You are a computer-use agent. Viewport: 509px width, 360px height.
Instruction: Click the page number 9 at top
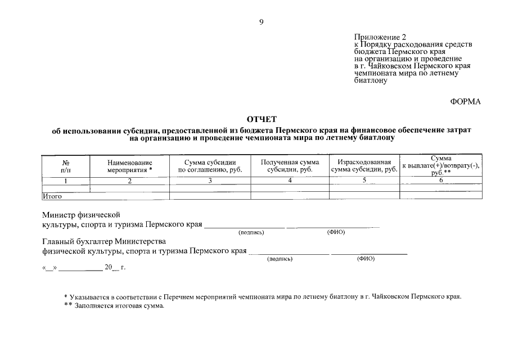[261, 22]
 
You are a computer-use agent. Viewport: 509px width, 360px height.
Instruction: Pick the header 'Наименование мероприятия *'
[130, 165]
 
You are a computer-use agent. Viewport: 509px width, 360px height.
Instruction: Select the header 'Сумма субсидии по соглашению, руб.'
[210, 165]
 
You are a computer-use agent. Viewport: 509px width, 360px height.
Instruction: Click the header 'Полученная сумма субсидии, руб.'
[290, 165]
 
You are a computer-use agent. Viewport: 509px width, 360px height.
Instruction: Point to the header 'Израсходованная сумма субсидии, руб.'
[364, 165]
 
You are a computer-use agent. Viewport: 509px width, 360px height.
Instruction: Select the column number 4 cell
[290, 181]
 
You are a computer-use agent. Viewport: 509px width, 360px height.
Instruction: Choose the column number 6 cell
[441, 181]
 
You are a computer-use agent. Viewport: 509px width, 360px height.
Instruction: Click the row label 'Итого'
[52, 196]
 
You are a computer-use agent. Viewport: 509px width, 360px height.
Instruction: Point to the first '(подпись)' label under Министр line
[249, 232]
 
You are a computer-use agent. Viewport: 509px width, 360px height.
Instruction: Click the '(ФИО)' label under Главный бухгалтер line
[366, 259]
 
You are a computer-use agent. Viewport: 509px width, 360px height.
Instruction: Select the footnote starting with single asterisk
[262, 296]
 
